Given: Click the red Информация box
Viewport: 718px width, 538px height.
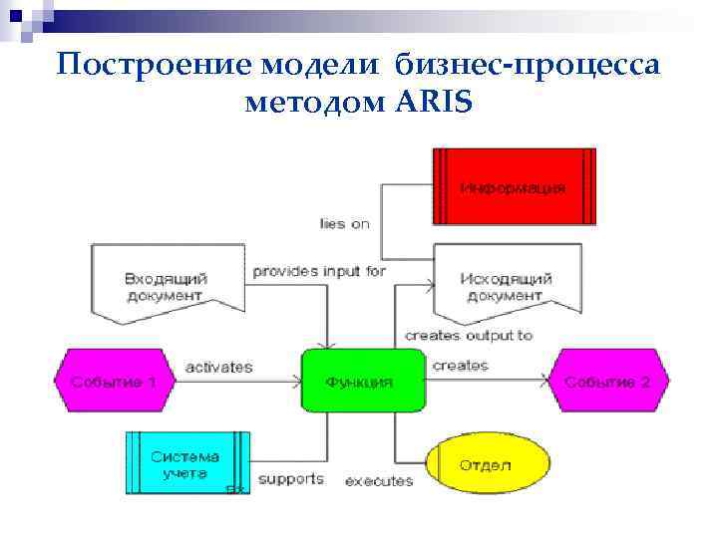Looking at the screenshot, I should (514, 187).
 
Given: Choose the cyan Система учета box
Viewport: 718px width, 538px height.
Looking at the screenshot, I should (187, 462).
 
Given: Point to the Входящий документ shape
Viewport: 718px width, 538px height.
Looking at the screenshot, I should (166, 282).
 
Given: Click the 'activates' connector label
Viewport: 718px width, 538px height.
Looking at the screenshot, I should (219, 367).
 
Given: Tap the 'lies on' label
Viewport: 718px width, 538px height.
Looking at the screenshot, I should (344, 223).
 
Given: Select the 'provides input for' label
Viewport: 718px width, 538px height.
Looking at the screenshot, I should (319, 271).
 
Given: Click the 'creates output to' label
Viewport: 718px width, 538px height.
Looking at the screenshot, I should (469, 336).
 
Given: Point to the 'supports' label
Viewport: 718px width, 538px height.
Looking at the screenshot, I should (291, 478).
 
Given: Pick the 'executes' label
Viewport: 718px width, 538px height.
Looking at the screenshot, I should (379, 481).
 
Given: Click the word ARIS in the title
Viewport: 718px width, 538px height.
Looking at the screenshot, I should (426, 102).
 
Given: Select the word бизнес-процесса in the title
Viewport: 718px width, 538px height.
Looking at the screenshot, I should (527, 65).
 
